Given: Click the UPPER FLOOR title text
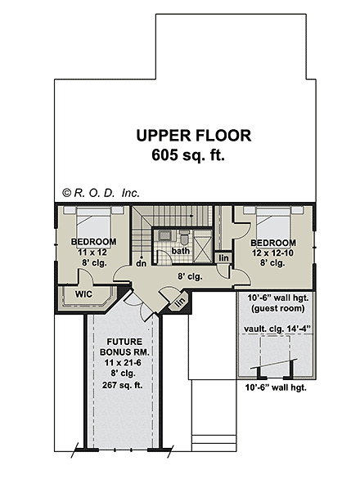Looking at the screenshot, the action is tap(194, 136).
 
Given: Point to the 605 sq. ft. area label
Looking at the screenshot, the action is tap(188, 154).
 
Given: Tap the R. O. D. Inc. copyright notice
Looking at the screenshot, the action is tap(101, 193).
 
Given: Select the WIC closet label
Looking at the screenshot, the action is tap(83, 294).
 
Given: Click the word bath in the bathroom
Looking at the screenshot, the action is tap(181, 251).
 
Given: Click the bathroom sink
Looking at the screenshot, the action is tap(164, 235).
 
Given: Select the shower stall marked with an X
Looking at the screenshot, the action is tap(202, 246).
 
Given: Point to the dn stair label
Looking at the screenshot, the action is tap(142, 263).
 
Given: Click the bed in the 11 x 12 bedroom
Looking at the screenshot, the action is tap(93, 222).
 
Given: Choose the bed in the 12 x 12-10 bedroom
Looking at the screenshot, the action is tap(273, 223).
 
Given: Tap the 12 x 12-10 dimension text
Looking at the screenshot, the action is tap(272, 253).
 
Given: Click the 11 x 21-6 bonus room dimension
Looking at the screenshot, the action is tap(123, 363).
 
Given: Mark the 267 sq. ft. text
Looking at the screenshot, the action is tap(123, 385).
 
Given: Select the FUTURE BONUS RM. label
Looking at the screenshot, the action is tap(124, 347).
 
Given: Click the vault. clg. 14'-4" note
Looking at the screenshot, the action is tap(277, 329).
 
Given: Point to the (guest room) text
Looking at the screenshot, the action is tap(278, 308).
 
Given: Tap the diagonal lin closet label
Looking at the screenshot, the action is tap(181, 302).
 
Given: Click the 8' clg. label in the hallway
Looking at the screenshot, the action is tap(190, 277).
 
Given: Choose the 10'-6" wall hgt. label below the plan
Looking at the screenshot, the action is tap(276, 387).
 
